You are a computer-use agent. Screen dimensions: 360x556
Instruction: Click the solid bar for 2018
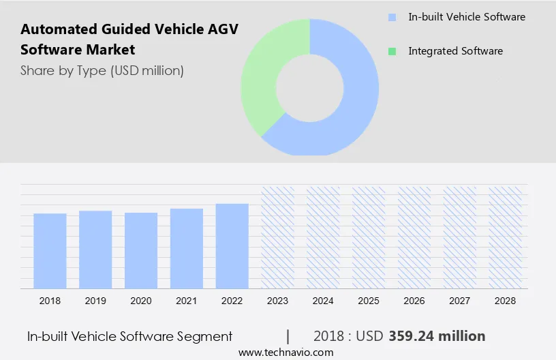pyautogui.click(x=50, y=250)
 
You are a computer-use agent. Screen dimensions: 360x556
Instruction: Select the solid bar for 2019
pyautogui.click(x=95, y=249)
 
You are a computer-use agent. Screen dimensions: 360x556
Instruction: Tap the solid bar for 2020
pyautogui.click(x=141, y=250)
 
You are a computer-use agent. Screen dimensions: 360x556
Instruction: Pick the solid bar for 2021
pyautogui.click(x=187, y=248)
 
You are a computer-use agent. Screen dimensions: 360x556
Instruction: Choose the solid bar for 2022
pyautogui.click(x=232, y=245)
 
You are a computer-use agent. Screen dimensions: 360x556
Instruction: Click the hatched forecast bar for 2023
pyautogui.click(x=277, y=237)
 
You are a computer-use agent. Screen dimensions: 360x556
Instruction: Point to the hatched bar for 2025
pyautogui.click(x=369, y=237)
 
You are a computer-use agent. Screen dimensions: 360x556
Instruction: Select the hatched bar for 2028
pyautogui.click(x=506, y=237)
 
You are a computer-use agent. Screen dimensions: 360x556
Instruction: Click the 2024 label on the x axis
pyautogui.click(x=323, y=300)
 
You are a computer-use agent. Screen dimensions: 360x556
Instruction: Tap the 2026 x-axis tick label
pyautogui.click(x=414, y=300)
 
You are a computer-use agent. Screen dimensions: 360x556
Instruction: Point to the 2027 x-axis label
pyautogui.click(x=460, y=300)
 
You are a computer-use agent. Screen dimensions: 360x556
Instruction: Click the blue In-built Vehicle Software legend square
pyautogui.click(x=391, y=17)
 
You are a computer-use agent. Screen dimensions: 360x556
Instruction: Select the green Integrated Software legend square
pyautogui.click(x=391, y=51)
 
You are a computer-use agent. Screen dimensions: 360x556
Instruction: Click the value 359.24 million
pyautogui.click(x=437, y=336)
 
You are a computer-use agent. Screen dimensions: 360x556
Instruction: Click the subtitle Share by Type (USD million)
pyautogui.click(x=102, y=70)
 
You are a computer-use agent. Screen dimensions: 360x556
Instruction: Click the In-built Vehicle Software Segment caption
pyautogui.click(x=129, y=336)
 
